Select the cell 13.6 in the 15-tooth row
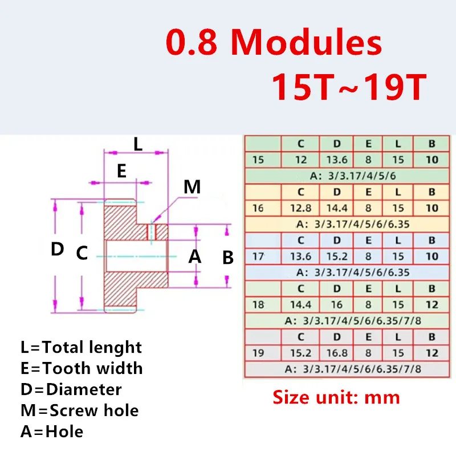(336, 160)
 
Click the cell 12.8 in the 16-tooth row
(300, 209)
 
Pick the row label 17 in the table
(258, 257)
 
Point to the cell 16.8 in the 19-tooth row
(336, 353)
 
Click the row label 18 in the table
(258, 304)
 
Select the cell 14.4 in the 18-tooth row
(300, 304)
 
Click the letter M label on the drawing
(192, 186)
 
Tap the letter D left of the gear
(57, 249)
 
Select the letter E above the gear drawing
(121, 172)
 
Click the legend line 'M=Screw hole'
(79, 410)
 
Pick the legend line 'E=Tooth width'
(82, 368)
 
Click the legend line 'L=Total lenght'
(81, 347)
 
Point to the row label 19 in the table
(258, 353)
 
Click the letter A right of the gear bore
(195, 257)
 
